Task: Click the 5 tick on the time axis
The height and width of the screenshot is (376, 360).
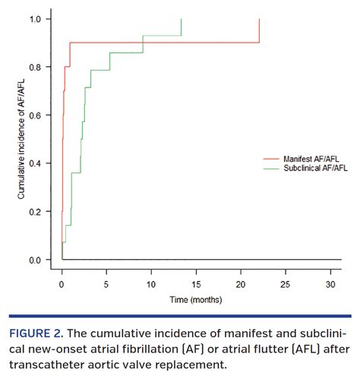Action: click(106, 284)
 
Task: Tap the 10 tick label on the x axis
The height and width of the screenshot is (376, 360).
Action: click(151, 284)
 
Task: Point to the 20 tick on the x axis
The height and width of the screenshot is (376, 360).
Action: click(241, 284)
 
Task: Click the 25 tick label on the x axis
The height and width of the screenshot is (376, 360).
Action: click(286, 284)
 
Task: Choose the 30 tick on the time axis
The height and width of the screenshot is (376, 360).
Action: click(330, 284)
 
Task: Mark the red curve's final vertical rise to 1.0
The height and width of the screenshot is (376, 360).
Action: click(260, 30)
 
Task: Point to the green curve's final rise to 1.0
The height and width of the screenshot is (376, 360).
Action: click(182, 27)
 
